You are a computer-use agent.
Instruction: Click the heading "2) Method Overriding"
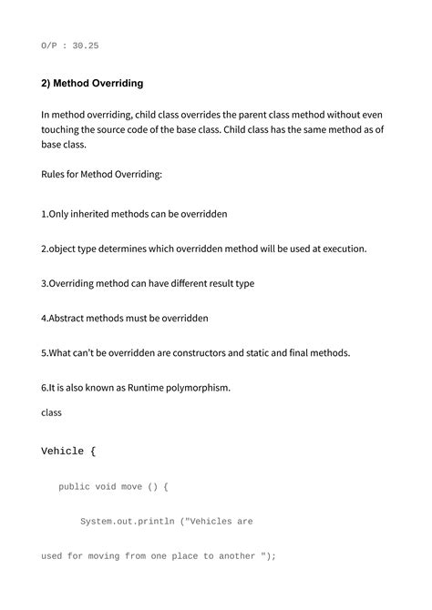click(92, 83)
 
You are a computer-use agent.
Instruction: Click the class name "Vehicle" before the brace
click(63, 452)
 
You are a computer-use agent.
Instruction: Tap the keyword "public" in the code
click(75, 487)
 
